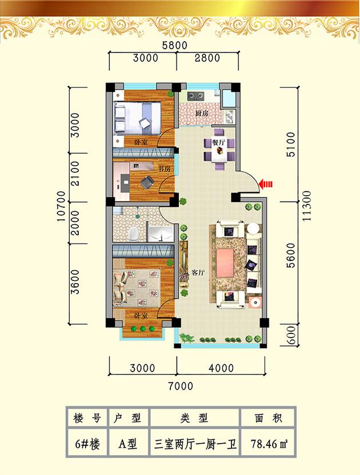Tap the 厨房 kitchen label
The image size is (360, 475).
point(202,114)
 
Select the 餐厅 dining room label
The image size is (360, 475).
point(218,142)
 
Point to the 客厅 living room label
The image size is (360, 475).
point(198,273)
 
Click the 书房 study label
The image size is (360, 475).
point(164,168)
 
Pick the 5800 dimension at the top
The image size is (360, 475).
point(175,46)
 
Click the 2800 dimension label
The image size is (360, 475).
point(207,58)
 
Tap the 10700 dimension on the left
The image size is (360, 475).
point(61,206)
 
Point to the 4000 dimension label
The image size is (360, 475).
point(221,368)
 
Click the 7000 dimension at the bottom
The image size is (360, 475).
point(181,387)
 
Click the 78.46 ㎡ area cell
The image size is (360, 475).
point(269,444)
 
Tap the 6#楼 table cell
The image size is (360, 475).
point(87,444)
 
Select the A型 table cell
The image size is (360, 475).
point(127,444)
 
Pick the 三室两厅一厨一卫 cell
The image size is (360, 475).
point(195,444)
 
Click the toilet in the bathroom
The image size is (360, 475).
point(134,234)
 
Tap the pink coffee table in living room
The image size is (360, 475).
point(225,263)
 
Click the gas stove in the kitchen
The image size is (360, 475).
point(195,96)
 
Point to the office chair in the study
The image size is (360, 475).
point(147,182)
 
